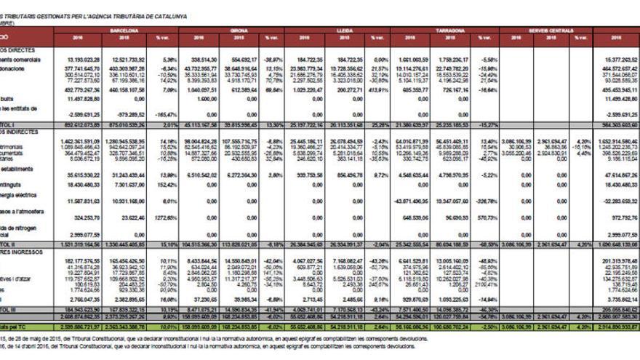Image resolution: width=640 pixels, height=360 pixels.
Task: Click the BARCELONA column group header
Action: click(124, 31)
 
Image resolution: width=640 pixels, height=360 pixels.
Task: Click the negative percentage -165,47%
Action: click(167, 115)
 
